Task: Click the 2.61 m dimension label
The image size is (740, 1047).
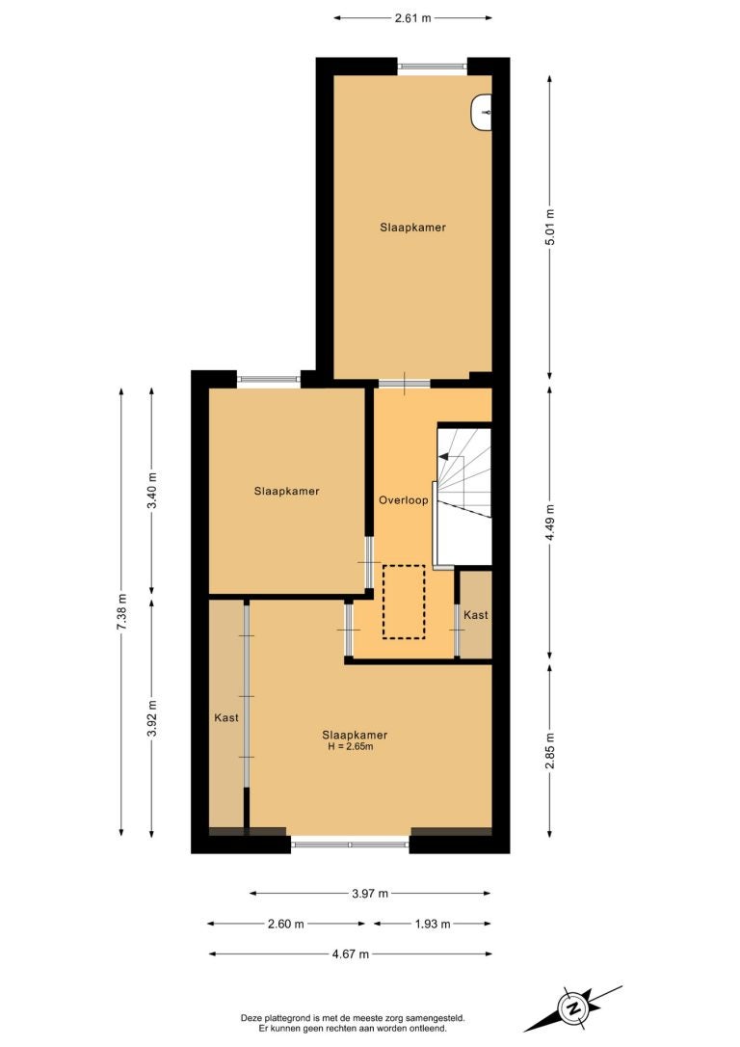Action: [412, 18]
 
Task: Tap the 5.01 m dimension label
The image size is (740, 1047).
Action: [550, 227]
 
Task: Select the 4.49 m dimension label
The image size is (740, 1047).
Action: [550, 524]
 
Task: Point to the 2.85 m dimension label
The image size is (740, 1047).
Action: [550, 750]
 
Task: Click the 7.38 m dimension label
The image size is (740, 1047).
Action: [121, 611]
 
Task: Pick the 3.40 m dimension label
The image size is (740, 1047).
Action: [152, 491]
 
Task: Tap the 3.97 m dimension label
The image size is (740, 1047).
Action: [370, 894]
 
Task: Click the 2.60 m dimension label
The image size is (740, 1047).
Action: [285, 925]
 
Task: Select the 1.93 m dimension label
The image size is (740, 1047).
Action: [433, 925]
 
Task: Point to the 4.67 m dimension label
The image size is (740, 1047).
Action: [351, 954]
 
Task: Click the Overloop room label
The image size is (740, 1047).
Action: [403, 500]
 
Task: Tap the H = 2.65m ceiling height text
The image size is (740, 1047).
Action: [351, 746]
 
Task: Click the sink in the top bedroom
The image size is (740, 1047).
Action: [481, 113]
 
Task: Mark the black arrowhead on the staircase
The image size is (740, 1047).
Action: [444, 457]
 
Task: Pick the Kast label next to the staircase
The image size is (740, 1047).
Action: [476, 615]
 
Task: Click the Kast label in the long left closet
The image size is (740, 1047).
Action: [226, 718]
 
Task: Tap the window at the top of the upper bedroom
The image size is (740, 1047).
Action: [433, 67]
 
